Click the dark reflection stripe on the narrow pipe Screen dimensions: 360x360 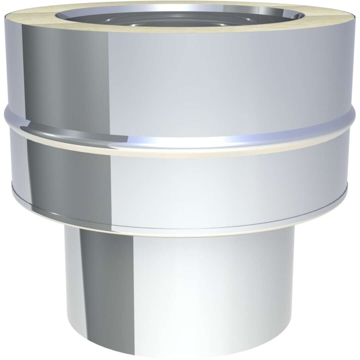point(100,293)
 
